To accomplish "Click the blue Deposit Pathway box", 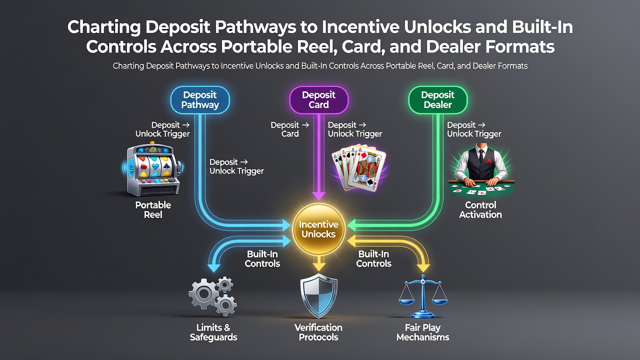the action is click(x=200, y=100).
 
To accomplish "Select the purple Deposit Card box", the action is click(x=319, y=100).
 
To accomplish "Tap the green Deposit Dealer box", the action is click(x=437, y=100).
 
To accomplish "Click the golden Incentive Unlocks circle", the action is click(x=319, y=229).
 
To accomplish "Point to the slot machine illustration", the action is click(x=153, y=169).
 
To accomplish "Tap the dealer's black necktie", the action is click(x=481, y=155).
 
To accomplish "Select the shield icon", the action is click(x=319, y=295).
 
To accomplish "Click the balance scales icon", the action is click(x=423, y=296).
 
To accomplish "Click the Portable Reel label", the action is click(x=153, y=209).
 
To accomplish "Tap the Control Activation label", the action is click(x=480, y=209).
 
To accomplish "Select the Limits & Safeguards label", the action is click(x=213, y=332).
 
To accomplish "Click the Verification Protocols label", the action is click(x=318, y=332).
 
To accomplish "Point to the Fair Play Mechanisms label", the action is click(x=423, y=332).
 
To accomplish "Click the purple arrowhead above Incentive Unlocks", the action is click(x=319, y=195).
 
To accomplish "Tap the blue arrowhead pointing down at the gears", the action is click(x=213, y=267).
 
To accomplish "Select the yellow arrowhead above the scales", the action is click(x=423, y=267).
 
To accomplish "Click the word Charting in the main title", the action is click(x=104, y=27).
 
